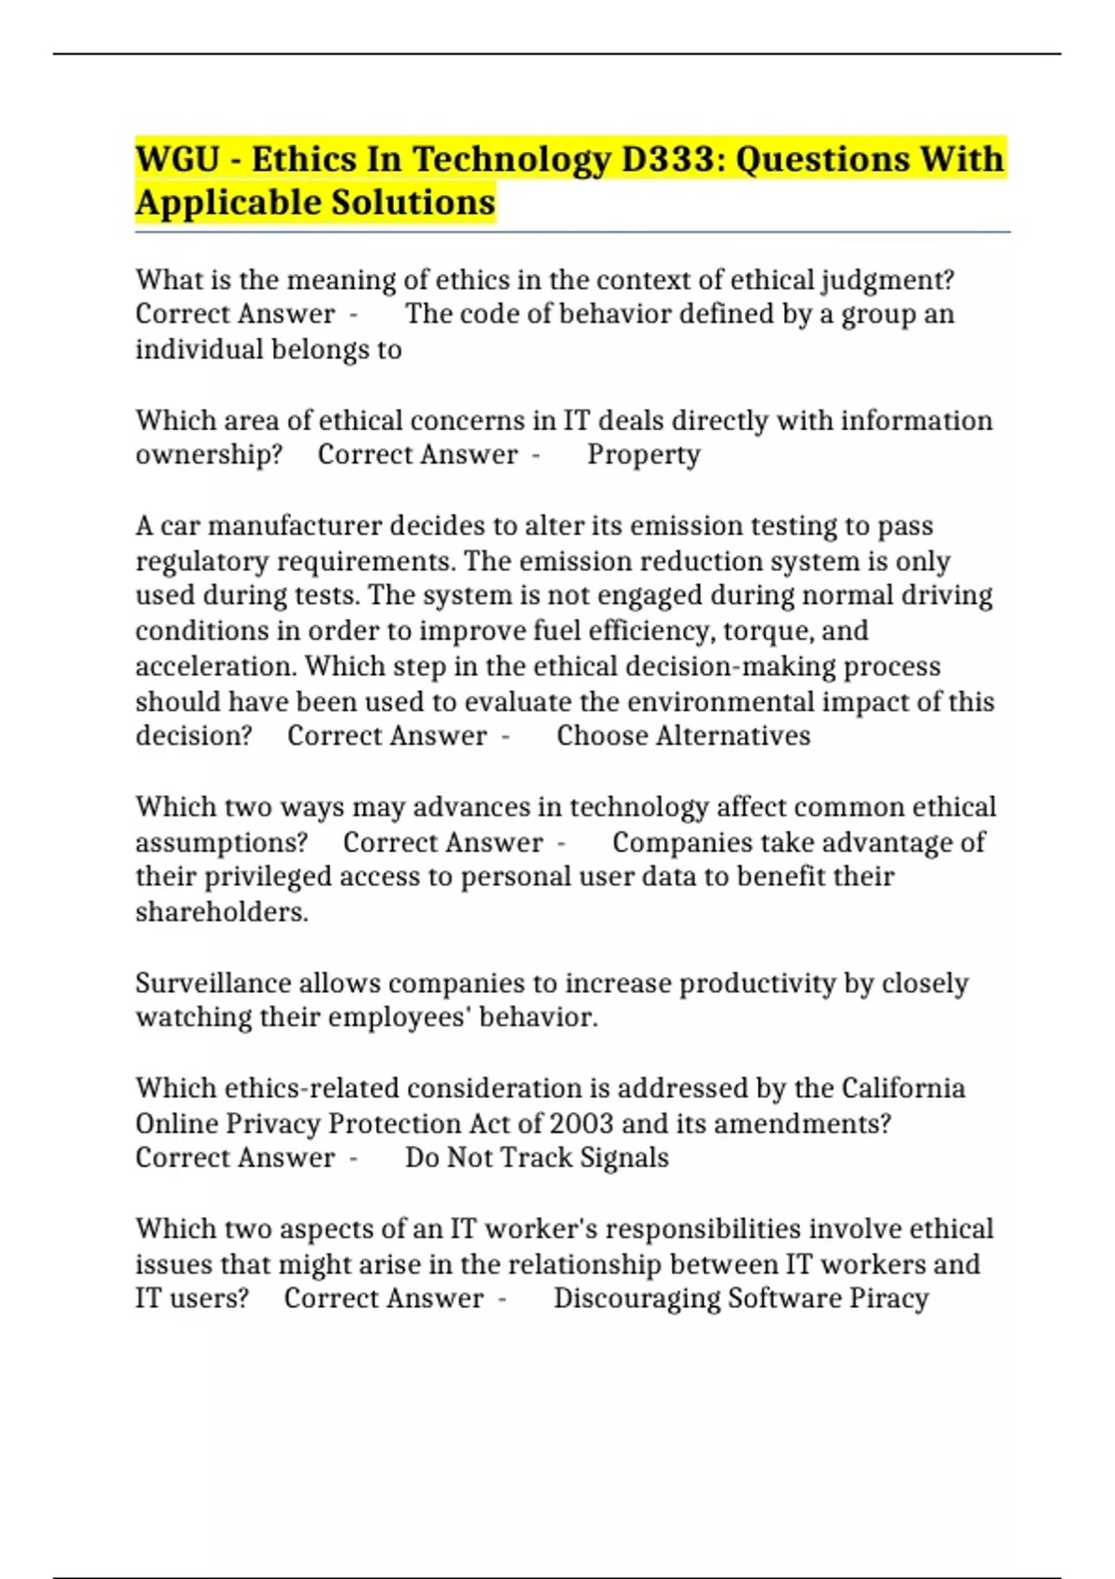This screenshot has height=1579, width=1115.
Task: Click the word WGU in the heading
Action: tap(177, 159)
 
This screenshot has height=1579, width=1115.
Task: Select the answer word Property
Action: tap(644, 455)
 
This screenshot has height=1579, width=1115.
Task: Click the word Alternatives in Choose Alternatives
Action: tap(733, 736)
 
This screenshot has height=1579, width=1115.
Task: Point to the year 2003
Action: tap(581, 1123)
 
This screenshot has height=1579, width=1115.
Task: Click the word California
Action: tap(903, 1088)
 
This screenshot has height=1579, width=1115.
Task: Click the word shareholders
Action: tap(221, 912)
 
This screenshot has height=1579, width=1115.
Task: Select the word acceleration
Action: tap(216, 666)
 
